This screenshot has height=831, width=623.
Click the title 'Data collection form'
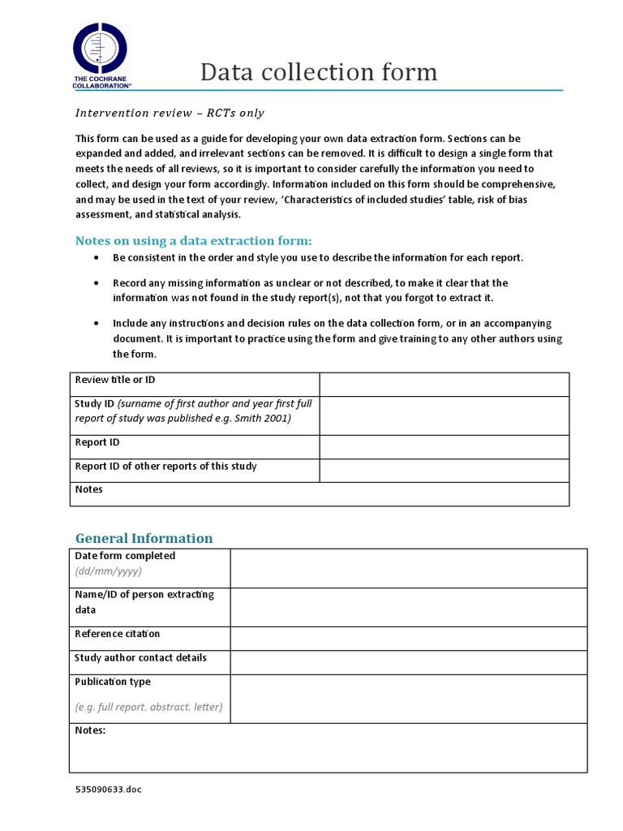pyautogui.click(x=319, y=72)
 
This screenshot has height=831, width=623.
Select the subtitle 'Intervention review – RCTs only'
pyautogui.click(x=170, y=113)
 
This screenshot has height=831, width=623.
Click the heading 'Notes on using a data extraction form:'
pyautogui.click(x=193, y=240)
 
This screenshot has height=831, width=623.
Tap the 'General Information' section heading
pyautogui.click(x=144, y=538)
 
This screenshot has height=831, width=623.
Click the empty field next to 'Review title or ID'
pyautogui.click(x=444, y=385)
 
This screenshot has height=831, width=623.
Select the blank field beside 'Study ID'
pyautogui.click(x=444, y=415)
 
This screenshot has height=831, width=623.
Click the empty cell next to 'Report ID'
pyautogui.click(x=444, y=447)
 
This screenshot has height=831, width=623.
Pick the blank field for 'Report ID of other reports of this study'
pyautogui.click(x=444, y=471)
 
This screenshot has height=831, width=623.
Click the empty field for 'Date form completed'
pyautogui.click(x=408, y=568)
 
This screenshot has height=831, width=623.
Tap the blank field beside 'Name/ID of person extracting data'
pyautogui.click(x=408, y=607)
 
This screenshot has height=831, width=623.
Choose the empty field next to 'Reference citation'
pyautogui.click(x=408, y=639)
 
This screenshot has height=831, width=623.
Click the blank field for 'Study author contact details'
pyautogui.click(x=408, y=663)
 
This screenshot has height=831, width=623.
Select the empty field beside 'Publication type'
pyautogui.click(x=408, y=699)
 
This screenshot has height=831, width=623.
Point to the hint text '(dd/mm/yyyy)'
pyautogui.click(x=108, y=571)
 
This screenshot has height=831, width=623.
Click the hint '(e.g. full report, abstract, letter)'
pyautogui.click(x=148, y=707)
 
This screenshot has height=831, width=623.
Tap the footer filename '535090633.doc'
pyautogui.click(x=108, y=789)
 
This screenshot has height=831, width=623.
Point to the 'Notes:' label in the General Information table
pyautogui.click(x=90, y=730)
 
